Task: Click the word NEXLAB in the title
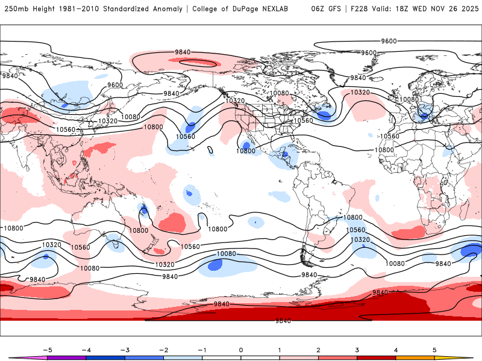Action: [284, 9]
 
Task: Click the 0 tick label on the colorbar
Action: [241, 349]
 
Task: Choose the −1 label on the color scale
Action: [202, 349]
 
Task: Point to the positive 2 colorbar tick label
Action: [319, 349]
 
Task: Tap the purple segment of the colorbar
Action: [67, 357]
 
